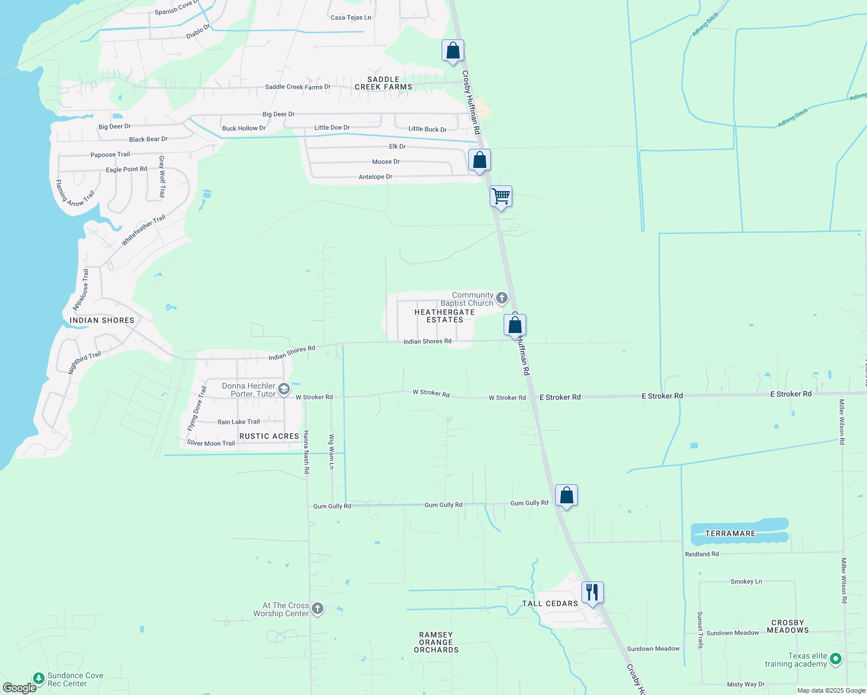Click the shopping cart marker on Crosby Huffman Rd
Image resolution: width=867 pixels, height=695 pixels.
(501, 196)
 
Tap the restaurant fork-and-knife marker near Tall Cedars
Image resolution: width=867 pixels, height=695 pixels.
(592, 592)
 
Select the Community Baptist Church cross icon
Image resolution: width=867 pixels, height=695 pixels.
(502, 298)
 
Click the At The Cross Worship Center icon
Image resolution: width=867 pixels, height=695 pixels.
(317, 609)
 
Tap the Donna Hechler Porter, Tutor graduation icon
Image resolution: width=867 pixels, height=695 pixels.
(284, 389)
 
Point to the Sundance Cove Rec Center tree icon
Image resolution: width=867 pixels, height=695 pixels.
(38, 678)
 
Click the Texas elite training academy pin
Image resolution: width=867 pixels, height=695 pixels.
(835, 659)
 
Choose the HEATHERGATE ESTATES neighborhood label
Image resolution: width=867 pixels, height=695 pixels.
(445, 316)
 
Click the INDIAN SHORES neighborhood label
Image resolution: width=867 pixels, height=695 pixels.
(102, 320)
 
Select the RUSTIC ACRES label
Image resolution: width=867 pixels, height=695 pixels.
(269, 436)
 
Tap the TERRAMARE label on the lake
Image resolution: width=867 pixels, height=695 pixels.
(730, 533)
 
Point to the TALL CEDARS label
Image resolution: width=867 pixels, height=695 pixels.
(550, 603)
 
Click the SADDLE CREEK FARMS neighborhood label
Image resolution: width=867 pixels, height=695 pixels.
(384, 83)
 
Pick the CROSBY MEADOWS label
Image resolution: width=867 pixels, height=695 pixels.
(788, 627)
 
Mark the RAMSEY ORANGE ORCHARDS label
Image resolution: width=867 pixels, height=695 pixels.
(436, 642)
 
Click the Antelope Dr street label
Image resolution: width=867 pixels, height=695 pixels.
(376, 177)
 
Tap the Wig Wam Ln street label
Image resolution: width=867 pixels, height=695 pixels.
(331, 451)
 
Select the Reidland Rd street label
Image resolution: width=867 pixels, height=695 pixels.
(702, 554)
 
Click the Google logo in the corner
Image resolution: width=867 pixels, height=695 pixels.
(19, 688)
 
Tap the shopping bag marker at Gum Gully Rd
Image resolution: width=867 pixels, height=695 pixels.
(566, 495)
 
